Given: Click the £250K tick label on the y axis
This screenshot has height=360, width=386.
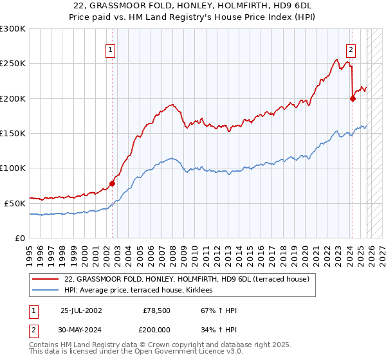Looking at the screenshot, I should point(12,64).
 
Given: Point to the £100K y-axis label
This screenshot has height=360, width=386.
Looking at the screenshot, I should point(12,168).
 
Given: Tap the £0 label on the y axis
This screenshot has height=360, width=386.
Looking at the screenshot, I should point(19,238).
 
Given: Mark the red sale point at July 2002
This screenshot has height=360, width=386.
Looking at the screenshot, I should point(112,183).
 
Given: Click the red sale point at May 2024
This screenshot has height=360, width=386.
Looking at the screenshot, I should point(353,98).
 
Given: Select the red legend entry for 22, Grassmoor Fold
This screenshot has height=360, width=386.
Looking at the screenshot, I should point(187,279).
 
